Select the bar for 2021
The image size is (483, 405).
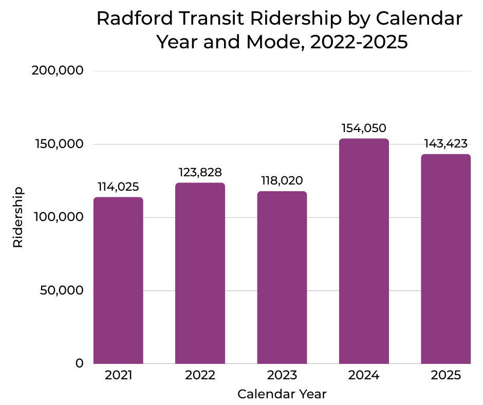coord(118,280)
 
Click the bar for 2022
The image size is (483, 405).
coord(200,273)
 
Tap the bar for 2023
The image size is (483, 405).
coord(282,278)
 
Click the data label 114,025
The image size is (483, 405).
coord(118,187)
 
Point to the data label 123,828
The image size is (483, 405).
coord(200,172)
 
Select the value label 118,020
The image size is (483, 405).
coord(282,181)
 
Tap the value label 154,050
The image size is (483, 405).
coord(364,128)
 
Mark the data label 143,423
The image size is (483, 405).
coord(445,143)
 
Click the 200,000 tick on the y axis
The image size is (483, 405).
coord(58,71)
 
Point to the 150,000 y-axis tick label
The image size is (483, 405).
coord(58,144)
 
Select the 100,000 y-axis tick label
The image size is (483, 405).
coord(58,217)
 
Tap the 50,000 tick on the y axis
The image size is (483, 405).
coord(61,290)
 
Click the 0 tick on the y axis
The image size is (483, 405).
coord(79,363)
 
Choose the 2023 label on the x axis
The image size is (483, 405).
coord(282,376)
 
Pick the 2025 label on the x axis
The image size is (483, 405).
coord(445,376)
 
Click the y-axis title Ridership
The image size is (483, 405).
coord(18,217)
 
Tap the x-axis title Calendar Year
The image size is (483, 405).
coord(282,394)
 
